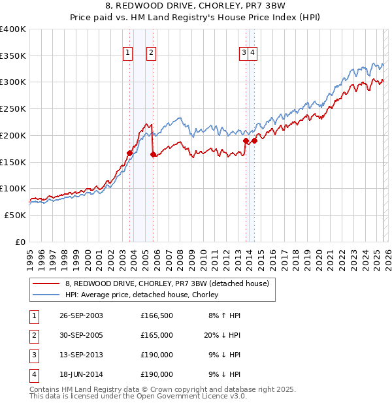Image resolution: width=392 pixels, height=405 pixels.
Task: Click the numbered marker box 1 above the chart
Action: coord(127,54)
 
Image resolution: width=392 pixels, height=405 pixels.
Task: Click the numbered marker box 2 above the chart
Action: coord(151,54)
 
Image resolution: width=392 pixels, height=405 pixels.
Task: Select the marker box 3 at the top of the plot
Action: coord(244,54)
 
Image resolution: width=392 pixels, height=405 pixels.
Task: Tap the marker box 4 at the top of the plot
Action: coord(252,54)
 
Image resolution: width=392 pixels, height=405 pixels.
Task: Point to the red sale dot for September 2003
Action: coord(129,154)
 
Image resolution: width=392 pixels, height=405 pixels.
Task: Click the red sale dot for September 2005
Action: coord(153,155)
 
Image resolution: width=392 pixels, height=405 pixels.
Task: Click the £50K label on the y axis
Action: coord(15,215)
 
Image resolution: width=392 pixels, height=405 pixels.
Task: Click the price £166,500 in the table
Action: coord(157,316)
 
